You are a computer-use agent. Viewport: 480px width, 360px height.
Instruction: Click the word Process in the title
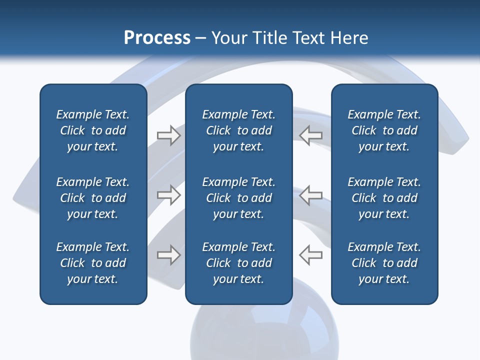(x=157, y=38)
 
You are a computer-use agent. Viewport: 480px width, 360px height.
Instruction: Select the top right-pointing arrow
(x=168, y=135)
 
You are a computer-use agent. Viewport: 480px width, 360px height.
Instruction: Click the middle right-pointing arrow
(x=168, y=195)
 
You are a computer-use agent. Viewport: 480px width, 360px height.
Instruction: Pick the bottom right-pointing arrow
(x=168, y=255)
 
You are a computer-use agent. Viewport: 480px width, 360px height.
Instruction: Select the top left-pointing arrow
(x=310, y=135)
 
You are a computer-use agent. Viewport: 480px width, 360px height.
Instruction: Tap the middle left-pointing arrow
(x=310, y=195)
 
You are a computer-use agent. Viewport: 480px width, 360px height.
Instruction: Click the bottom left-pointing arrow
(x=310, y=255)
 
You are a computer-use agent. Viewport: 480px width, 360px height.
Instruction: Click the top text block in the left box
(x=93, y=130)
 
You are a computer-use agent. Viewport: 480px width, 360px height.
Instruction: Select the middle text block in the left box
(x=93, y=198)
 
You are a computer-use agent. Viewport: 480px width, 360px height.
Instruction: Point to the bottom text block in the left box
(x=93, y=263)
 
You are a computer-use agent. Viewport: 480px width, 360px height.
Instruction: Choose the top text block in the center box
(x=238, y=130)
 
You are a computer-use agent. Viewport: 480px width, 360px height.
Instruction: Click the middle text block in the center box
(x=238, y=198)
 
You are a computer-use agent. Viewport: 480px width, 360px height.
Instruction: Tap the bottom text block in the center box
(x=238, y=263)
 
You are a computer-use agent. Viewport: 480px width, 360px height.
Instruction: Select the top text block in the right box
(x=384, y=130)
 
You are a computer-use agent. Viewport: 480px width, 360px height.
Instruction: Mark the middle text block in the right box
(x=384, y=198)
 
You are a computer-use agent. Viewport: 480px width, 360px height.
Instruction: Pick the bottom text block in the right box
(x=384, y=263)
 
